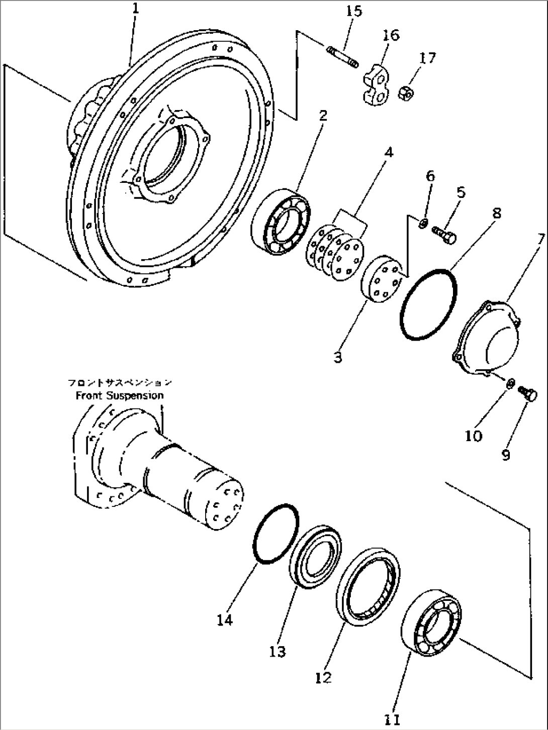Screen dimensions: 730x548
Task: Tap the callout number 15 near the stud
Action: coord(353,12)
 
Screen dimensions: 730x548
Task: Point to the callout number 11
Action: coord(392,719)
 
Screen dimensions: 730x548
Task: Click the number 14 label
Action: coord(225,620)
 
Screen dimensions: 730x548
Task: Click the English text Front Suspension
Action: coord(120,395)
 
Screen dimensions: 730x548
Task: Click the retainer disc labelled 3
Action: coord(381,280)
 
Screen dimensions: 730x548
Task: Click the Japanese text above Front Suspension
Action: coord(120,383)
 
